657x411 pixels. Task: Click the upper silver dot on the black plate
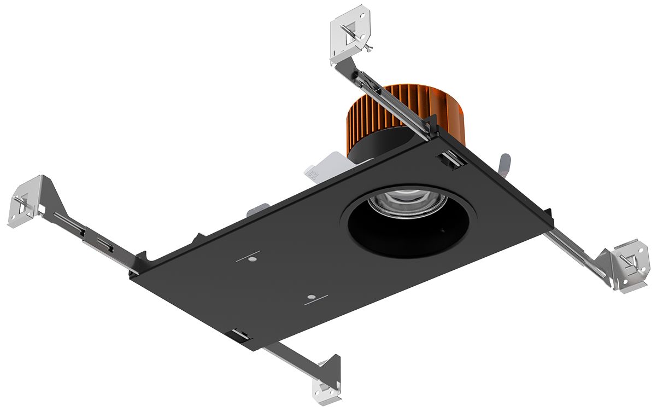tap(253, 257)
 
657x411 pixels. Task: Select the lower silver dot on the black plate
tap(310, 297)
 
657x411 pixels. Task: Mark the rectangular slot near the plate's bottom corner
tap(240, 334)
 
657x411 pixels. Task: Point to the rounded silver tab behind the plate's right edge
tap(505, 164)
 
